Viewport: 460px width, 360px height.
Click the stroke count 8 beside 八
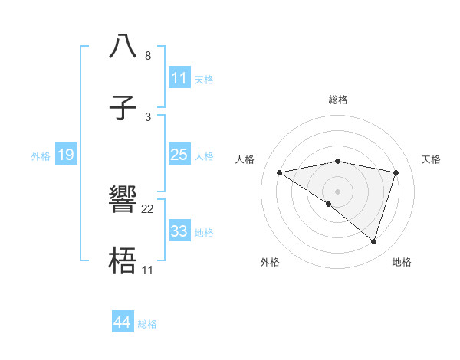click(x=148, y=56)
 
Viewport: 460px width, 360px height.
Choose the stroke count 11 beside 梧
click(x=148, y=270)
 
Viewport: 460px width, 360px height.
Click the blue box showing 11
click(x=179, y=78)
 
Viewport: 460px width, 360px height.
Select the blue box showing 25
click(x=179, y=155)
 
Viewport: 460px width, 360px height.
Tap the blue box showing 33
click(x=179, y=231)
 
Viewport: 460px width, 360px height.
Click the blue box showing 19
click(x=66, y=155)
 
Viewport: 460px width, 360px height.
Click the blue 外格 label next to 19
click(x=41, y=155)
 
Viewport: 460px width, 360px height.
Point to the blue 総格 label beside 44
click(x=147, y=324)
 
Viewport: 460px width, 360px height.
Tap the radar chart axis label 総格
click(x=337, y=100)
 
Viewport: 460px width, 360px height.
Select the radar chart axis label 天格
click(x=432, y=159)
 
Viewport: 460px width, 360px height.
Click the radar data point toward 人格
click(x=279, y=172)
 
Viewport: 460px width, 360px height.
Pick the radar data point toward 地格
click(x=373, y=241)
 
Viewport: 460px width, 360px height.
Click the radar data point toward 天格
click(x=396, y=172)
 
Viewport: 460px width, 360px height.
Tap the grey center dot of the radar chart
click(x=337, y=191)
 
